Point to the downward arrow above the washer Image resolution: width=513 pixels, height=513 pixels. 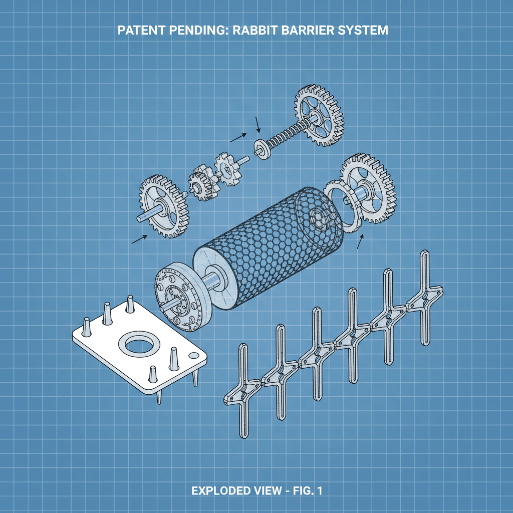[x=258, y=124]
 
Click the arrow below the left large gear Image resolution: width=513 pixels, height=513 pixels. [x=140, y=239]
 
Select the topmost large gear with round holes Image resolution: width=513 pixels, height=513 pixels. [x=319, y=116]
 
